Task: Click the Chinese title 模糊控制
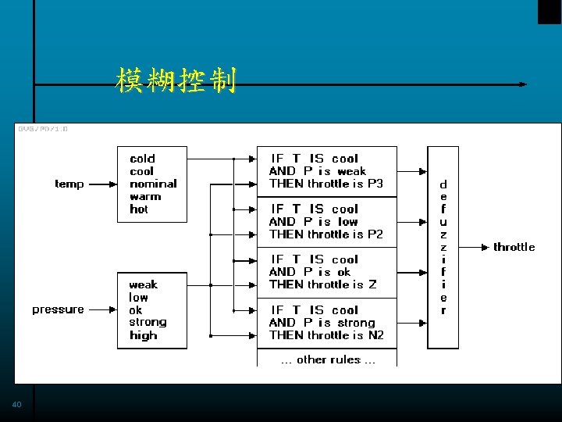(x=176, y=79)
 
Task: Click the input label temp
(x=69, y=184)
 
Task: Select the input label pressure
(x=58, y=309)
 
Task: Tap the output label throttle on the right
(x=514, y=247)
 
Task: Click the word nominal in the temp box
(x=153, y=184)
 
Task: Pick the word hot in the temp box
(x=139, y=209)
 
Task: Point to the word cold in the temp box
(x=142, y=159)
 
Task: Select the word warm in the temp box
(x=145, y=196)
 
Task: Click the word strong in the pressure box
(x=148, y=322)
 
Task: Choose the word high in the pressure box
(x=143, y=335)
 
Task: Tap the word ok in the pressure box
(x=136, y=309)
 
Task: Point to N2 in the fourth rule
(x=375, y=334)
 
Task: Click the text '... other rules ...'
(x=328, y=359)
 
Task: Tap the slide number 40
(x=17, y=405)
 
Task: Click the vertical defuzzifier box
(x=443, y=247)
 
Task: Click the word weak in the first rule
(x=351, y=171)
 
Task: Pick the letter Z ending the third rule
(x=372, y=284)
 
